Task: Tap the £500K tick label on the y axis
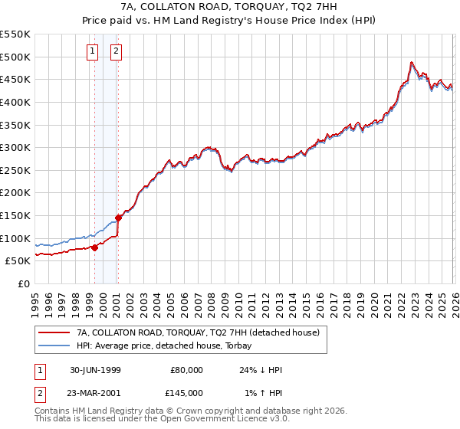point(15,57)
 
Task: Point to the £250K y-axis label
point(15,170)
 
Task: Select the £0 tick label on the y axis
point(25,284)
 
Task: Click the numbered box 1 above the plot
point(93,51)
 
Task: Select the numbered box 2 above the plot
point(116,51)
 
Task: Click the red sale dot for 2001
point(118,218)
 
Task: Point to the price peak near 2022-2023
point(412,62)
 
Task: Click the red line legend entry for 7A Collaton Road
point(202,332)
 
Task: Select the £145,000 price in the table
point(187,393)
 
